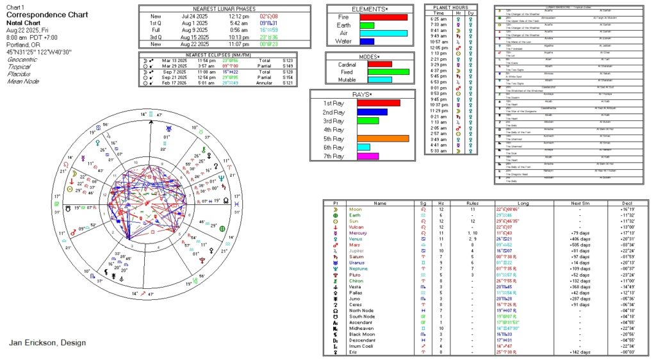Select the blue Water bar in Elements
[366, 42]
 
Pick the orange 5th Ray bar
[382, 138]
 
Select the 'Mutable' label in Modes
[337, 81]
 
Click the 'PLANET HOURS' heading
[452, 7]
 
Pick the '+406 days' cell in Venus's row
[561, 238]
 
